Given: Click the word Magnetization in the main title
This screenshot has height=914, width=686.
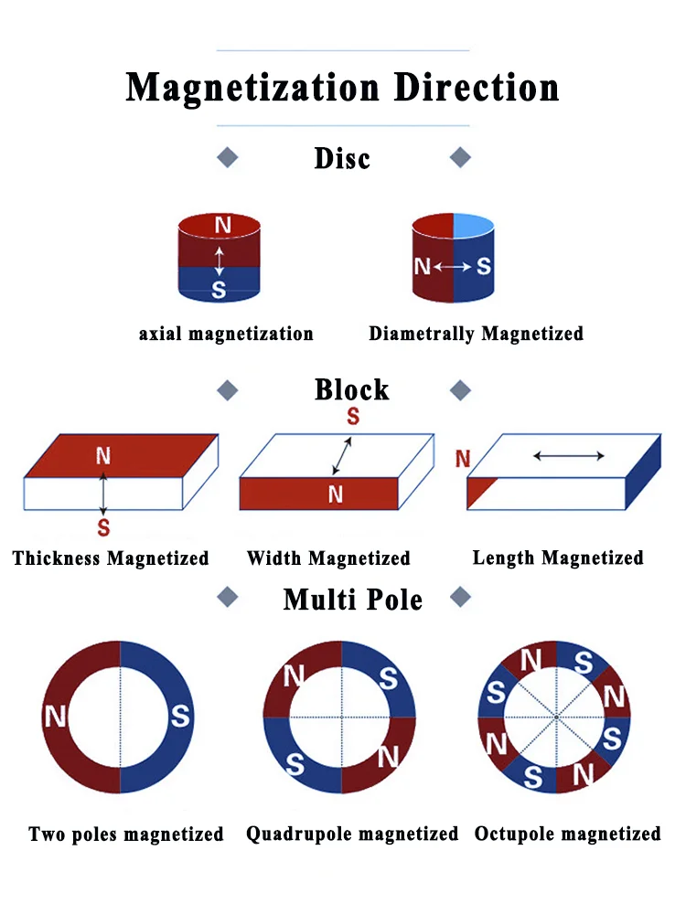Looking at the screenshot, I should click(x=252, y=89).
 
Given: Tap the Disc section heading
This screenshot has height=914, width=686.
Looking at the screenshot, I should click(x=342, y=158).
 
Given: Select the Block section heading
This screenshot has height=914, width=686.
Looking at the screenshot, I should click(x=351, y=390).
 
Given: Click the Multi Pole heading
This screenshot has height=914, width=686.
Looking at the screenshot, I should click(x=352, y=600).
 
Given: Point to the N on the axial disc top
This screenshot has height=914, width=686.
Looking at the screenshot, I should click(x=222, y=225).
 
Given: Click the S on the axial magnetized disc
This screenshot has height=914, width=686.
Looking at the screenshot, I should click(x=219, y=291).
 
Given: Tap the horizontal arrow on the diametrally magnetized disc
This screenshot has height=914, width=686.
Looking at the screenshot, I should click(x=453, y=267).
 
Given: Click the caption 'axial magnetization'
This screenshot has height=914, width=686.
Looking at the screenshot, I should click(x=226, y=334).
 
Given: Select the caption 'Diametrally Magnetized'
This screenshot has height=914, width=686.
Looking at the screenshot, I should click(x=476, y=334).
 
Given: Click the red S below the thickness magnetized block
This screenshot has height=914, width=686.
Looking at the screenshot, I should click(x=103, y=527).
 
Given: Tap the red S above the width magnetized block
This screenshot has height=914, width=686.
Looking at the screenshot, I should click(x=353, y=418).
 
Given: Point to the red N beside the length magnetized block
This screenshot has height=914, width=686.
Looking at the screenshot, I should click(x=463, y=459).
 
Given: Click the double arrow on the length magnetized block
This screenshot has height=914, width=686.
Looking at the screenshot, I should click(x=568, y=455).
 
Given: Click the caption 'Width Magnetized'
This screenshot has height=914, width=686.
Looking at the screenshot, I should click(x=328, y=558).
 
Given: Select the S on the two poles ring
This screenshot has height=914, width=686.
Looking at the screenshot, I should click(x=180, y=717).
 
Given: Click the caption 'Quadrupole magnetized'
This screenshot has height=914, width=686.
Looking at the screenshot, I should click(x=352, y=834).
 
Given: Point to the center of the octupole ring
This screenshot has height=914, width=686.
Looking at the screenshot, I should click(x=555, y=717).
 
